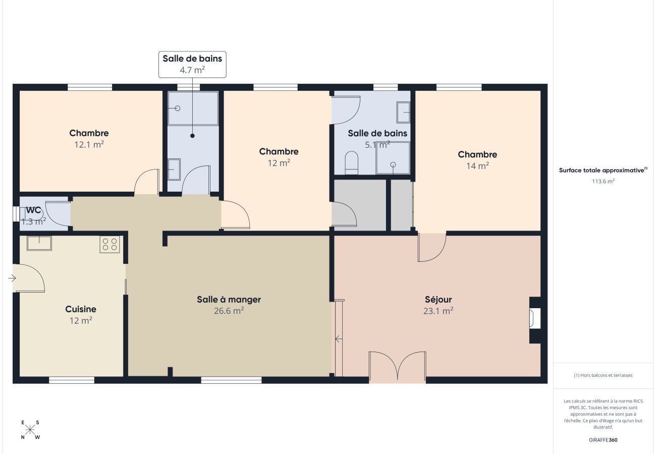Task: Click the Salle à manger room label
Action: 229,299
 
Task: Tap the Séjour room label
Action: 438,300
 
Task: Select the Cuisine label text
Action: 81,309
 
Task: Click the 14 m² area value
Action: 477,166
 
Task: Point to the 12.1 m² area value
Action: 89,144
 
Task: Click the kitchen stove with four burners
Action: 110,244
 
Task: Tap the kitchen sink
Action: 39,243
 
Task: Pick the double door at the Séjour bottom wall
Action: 398,366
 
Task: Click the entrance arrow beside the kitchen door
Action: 12,278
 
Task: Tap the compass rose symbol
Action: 30,430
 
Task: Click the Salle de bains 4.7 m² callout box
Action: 192,64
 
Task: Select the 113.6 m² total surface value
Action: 603,181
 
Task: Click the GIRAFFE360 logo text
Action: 603,440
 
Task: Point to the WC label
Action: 33,210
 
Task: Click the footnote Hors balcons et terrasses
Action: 603,375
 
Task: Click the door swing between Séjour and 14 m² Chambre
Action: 432,247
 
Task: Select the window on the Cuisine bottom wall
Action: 72,380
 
